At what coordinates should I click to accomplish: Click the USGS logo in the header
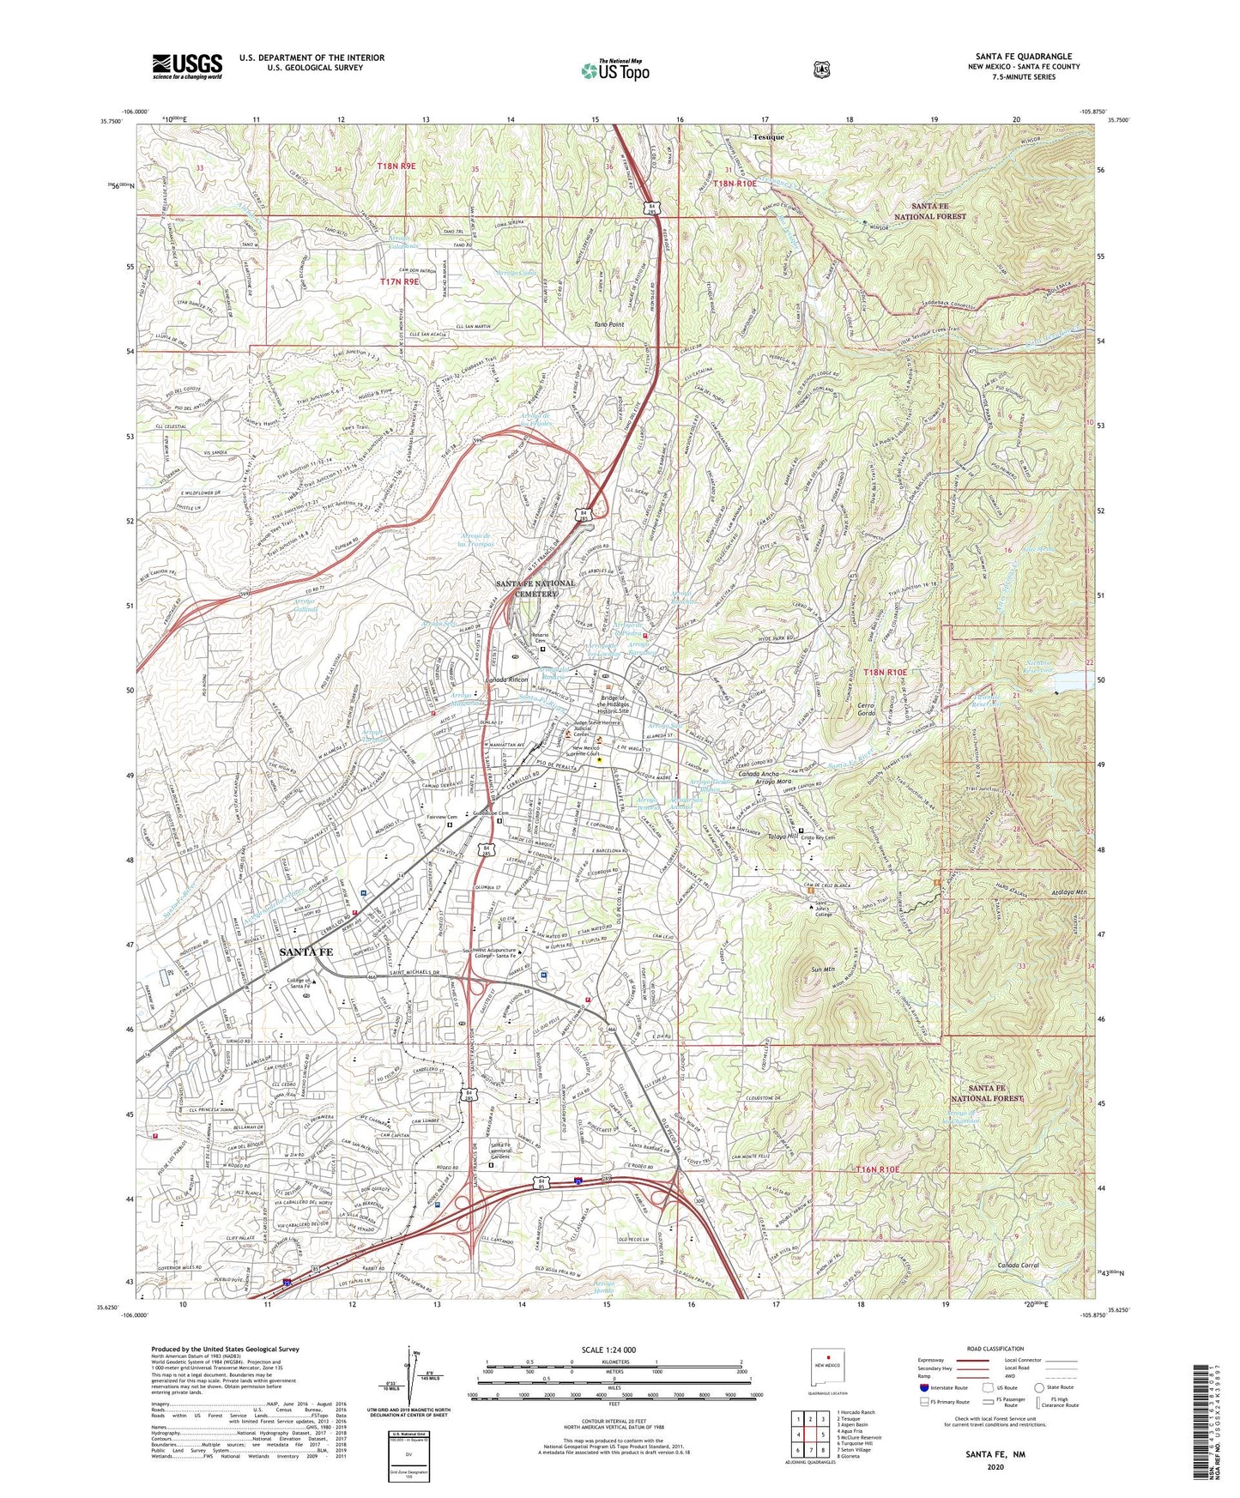[187, 65]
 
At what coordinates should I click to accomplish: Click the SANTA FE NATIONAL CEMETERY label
[536, 589]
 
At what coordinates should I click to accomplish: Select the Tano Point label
[609, 325]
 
